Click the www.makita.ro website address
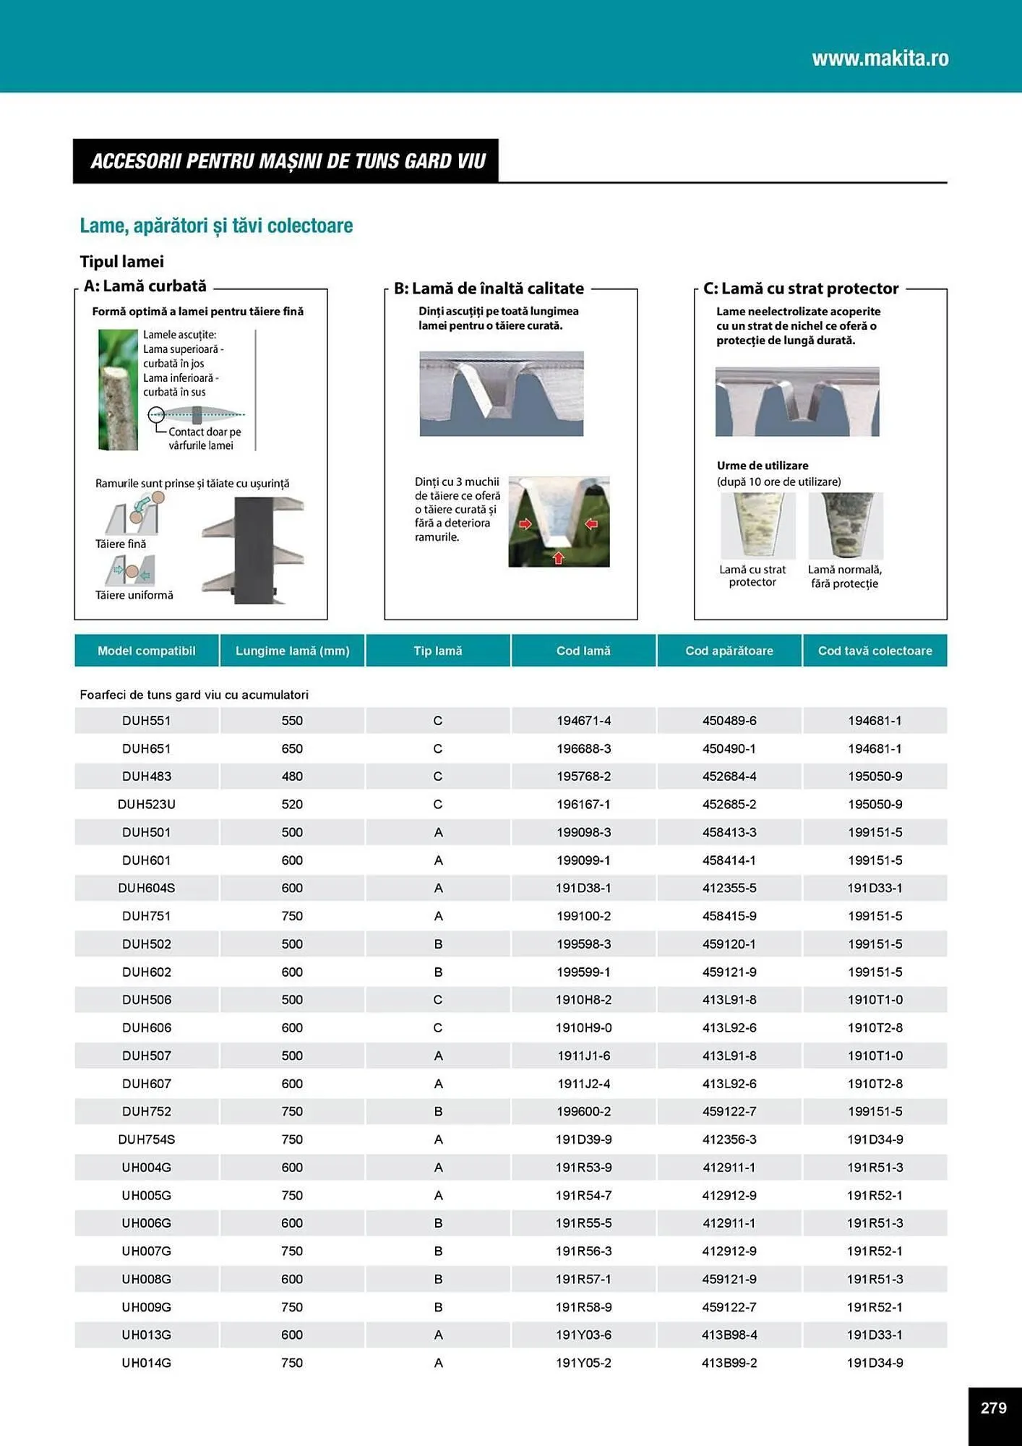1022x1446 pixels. click(x=880, y=59)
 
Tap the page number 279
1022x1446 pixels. click(x=993, y=1408)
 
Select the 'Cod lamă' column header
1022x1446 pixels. click(x=583, y=651)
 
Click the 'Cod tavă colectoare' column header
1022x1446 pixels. click(x=875, y=651)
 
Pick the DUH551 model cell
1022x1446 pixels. click(x=146, y=721)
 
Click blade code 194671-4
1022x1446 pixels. click(x=583, y=721)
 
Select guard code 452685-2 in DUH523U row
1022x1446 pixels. click(x=729, y=804)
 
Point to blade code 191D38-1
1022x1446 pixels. click(x=583, y=888)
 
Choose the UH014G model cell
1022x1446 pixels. click(x=146, y=1363)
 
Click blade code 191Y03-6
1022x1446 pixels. click(x=583, y=1335)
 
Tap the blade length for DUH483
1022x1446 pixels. click(x=292, y=777)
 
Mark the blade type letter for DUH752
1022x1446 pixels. click(x=438, y=1111)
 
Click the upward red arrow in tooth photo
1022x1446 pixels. click(x=558, y=557)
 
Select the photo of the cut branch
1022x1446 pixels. click(x=118, y=390)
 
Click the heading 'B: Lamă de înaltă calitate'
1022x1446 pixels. click(x=489, y=288)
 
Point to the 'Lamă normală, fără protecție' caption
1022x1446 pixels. click(x=844, y=577)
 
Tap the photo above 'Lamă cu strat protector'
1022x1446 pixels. click(x=757, y=526)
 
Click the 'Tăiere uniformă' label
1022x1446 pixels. click(x=134, y=595)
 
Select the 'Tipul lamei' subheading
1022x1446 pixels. click(x=121, y=262)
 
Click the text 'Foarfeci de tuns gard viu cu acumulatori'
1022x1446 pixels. click(x=194, y=695)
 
